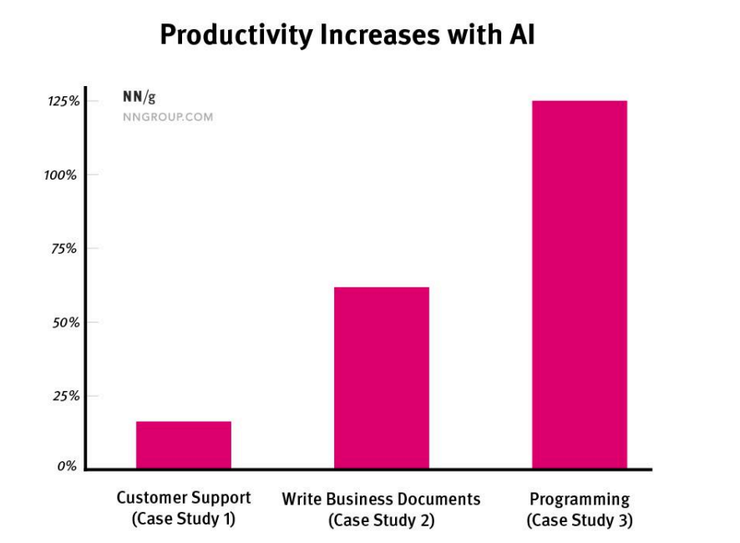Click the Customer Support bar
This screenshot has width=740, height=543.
coord(184,444)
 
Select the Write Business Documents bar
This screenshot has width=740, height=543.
coord(382,378)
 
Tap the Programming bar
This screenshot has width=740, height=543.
coord(580,284)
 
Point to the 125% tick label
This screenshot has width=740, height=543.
coord(63,101)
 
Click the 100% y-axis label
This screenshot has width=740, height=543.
coord(62,175)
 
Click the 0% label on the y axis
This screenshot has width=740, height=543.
coord(68,466)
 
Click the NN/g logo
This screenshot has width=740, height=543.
coord(139,97)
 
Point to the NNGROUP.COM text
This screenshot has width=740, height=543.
coord(168,117)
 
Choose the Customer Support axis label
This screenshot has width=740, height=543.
coord(184,498)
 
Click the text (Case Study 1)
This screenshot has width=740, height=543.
coord(184,519)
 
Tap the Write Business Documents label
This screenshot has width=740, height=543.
coord(382,499)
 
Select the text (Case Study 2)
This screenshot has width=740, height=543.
coord(382,520)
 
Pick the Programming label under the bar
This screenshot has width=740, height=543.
coord(580,499)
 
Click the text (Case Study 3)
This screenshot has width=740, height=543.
coord(580,520)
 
